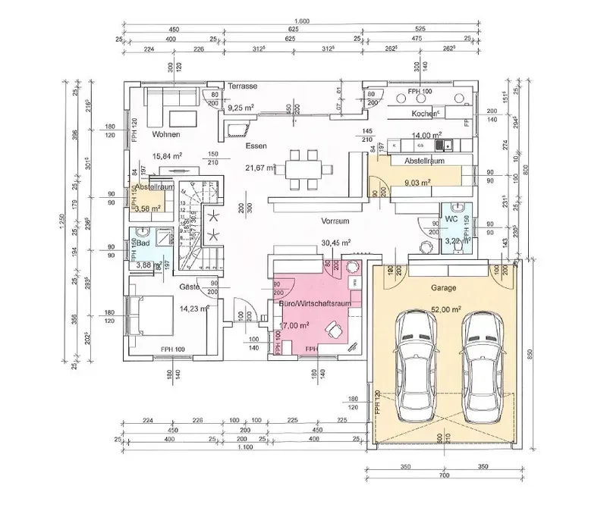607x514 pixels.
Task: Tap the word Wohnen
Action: pyautogui.click(x=165, y=135)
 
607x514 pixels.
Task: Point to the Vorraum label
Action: pyautogui.click(x=334, y=220)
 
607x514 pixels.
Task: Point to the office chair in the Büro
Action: pyautogui.click(x=332, y=328)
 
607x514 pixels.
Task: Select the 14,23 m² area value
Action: pyautogui.click(x=193, y=309)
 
